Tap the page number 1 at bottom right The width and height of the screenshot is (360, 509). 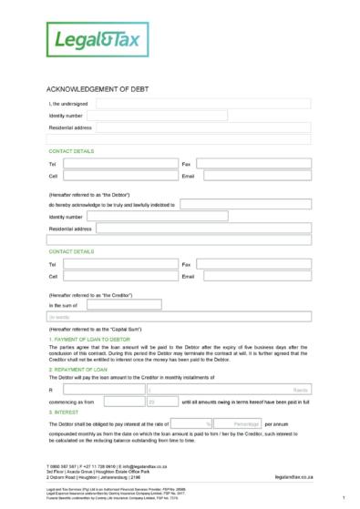[x=344, y=499]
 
